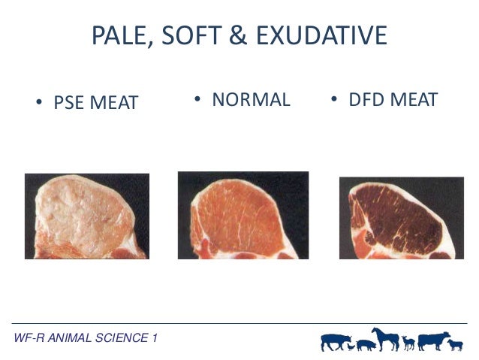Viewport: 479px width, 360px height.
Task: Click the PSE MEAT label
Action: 95,103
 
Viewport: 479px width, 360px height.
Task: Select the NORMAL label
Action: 251,100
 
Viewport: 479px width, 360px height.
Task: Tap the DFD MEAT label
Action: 393,100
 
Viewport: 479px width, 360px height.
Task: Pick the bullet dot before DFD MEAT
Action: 334,101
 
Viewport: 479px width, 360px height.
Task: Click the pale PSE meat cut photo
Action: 86,216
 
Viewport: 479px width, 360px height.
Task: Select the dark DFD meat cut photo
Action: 401,218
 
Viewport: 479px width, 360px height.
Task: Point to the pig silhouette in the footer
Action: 366,344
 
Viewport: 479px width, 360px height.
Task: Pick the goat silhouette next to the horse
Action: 408,343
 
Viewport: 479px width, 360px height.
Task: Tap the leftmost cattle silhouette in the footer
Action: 335,341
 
